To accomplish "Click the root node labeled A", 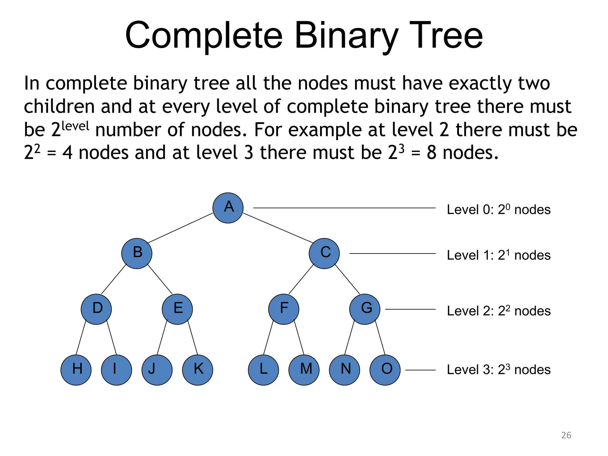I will [228, 208].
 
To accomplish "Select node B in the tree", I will [137, 254].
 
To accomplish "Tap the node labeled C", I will [324, 254].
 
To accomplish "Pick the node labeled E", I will [177, 309].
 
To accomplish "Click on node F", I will [284, 309].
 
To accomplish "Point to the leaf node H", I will [76, 370].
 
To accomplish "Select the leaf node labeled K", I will [197, 370].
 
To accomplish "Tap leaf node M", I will [304, 370].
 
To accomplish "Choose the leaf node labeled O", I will [385, 370].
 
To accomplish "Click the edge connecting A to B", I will [180, 228].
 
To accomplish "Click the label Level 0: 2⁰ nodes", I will [499, 210].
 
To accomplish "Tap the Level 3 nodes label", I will [499, 370].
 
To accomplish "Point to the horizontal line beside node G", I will [410, 309].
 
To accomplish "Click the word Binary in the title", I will [346, 36].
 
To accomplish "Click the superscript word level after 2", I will [75, 126].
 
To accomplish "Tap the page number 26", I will [566, 435].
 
